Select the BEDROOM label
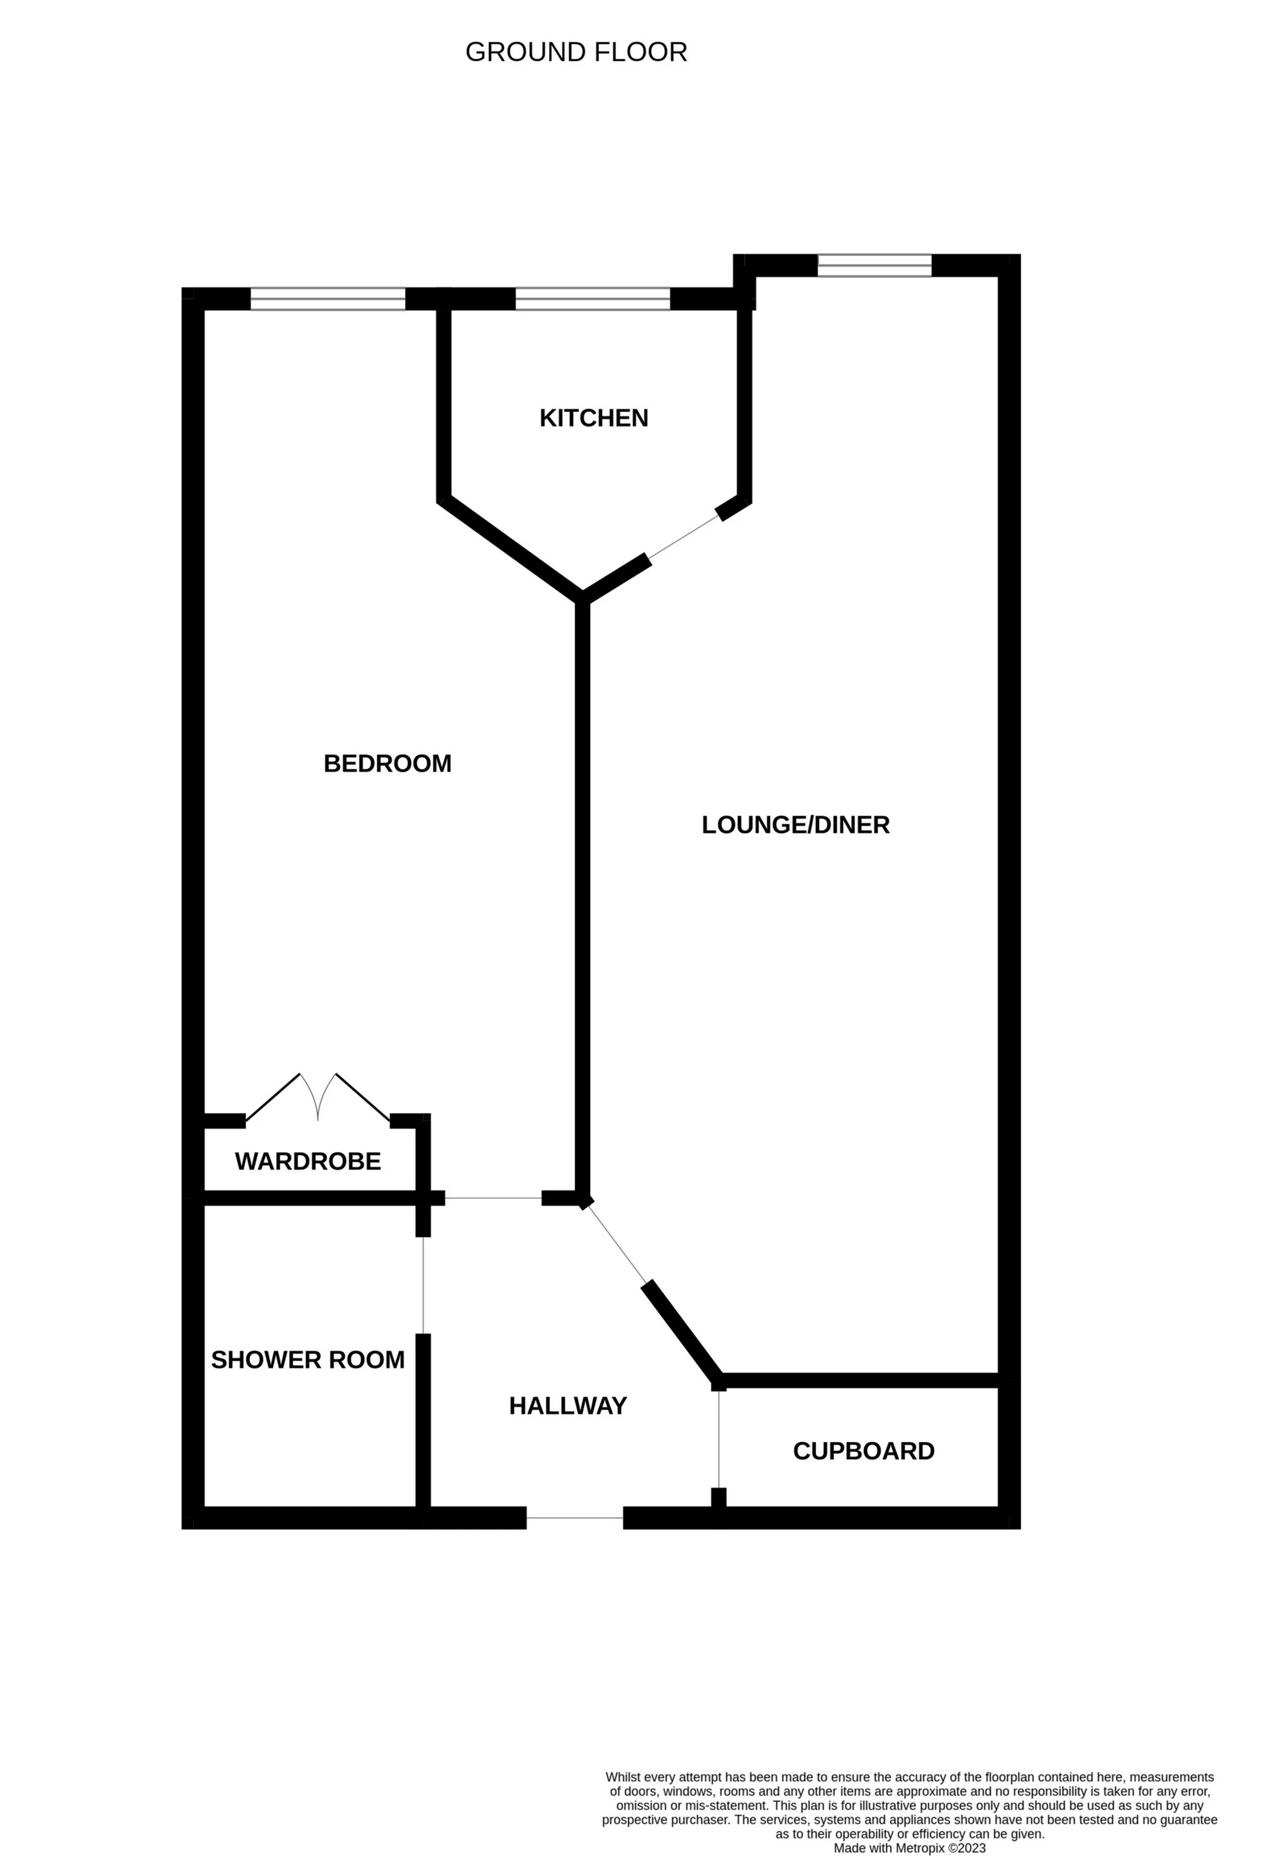pos(388,764)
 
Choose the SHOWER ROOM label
pos(308,1359)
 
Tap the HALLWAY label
pos(568,1406)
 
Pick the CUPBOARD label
pos(863,1451)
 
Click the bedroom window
pos(328,299)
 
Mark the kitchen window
pos(593,299)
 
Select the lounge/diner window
pos(874,265)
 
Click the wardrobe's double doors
pos(318,1098)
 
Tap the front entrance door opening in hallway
pos(574,1518)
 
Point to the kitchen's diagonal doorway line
pos(684,536)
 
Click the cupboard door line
pos(719,1439)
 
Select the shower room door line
pos(423,1285)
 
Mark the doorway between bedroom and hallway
pos(493,1198)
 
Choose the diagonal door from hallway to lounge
pos(617,1243)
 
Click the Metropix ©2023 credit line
pos(910,1848)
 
